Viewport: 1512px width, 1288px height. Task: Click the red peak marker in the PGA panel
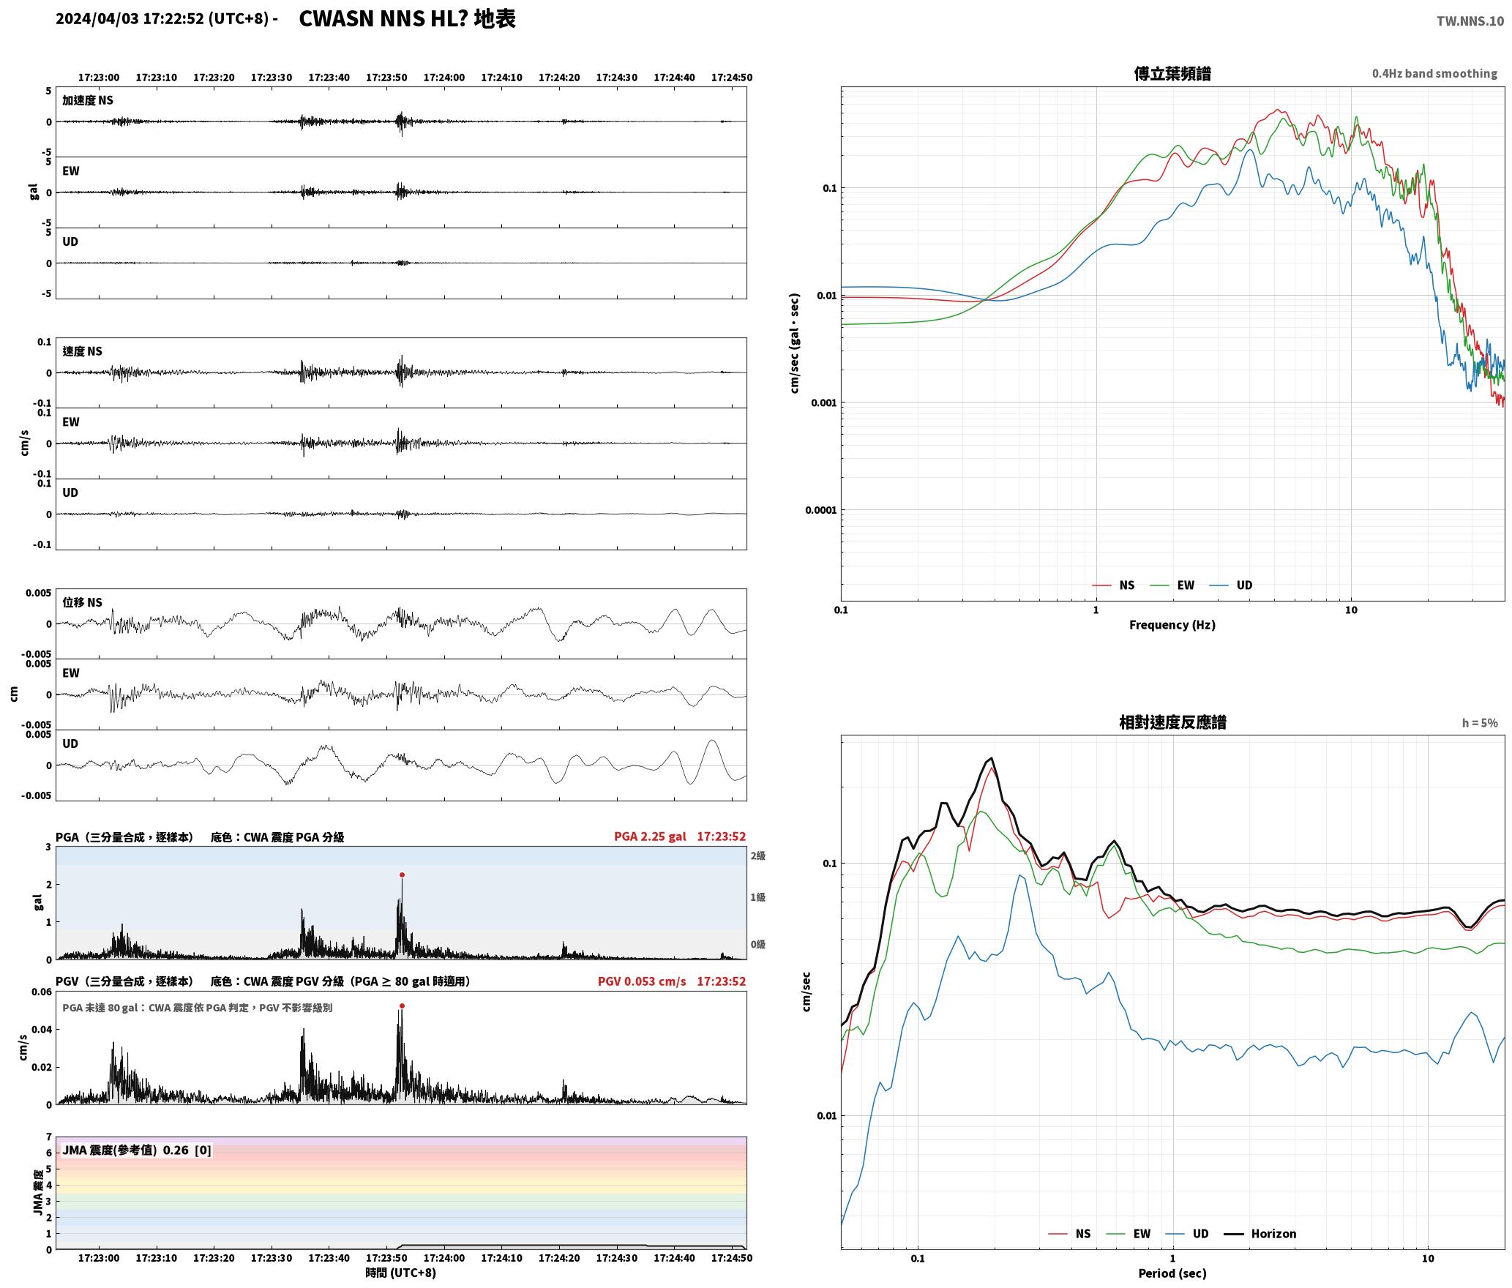pos(402,875)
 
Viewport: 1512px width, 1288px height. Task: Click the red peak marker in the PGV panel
pos(402,1006)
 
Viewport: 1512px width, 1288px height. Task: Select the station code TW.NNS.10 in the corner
pos(1470,21)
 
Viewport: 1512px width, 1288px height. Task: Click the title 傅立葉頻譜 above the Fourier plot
pos(1172,74)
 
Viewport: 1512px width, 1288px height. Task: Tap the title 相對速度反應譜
pos(1172,722)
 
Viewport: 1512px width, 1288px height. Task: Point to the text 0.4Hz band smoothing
pos(1434,74)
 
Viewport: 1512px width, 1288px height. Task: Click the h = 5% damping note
pos(1480,723)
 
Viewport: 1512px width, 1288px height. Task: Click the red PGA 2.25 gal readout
pos(650,836)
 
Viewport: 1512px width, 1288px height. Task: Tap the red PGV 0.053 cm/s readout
pos(642,981)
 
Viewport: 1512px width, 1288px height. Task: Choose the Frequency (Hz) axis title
pos(1172,625)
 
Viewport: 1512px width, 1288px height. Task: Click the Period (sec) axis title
pos(1172,1273)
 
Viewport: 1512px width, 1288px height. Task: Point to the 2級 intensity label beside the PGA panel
pos(757,856)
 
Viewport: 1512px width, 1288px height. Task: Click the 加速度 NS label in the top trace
pos(88,100)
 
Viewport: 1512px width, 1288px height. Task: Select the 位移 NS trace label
pos(82,602)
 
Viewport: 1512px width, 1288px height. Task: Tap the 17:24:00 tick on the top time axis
pos(444,78)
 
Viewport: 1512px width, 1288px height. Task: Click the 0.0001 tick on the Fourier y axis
pos(820,510)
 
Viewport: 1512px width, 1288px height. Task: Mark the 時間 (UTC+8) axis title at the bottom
pos(401,1273)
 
